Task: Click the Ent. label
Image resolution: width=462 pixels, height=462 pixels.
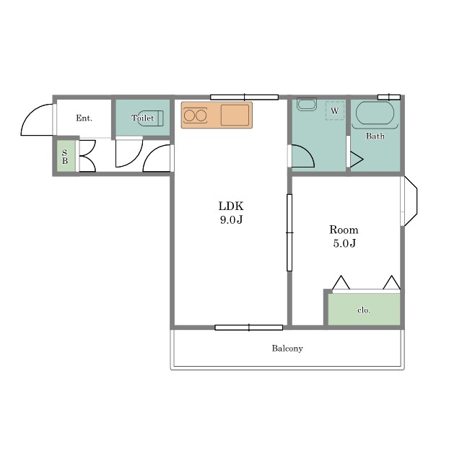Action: [84, 118]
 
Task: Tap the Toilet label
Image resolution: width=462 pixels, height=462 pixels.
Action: [143, 118]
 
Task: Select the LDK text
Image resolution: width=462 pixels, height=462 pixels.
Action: [231, 206]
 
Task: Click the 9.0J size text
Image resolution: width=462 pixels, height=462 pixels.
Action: [231, 219]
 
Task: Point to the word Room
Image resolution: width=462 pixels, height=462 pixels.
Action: [344, 230]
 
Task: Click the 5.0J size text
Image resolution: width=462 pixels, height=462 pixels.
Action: [344, 243]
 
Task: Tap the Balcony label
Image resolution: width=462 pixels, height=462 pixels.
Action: [287, 349]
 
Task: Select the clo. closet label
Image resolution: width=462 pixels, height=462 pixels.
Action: [364, 310]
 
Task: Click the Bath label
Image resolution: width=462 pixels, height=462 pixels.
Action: [375, 136]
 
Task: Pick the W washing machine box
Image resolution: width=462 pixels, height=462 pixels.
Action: [335, 110]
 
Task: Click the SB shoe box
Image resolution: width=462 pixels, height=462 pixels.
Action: [66, 156]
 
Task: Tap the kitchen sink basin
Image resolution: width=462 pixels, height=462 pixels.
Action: [235, 115]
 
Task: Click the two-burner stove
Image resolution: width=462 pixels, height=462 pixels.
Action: [195, 115]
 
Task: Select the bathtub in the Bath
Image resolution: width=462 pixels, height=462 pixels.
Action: [375, 113]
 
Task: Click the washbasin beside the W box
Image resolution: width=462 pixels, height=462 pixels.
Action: [307, 104]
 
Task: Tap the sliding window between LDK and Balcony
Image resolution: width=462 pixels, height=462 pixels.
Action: [249, 327]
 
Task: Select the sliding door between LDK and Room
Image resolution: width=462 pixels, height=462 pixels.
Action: [289, 232]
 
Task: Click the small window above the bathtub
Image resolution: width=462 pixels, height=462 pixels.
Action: [389, 97]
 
